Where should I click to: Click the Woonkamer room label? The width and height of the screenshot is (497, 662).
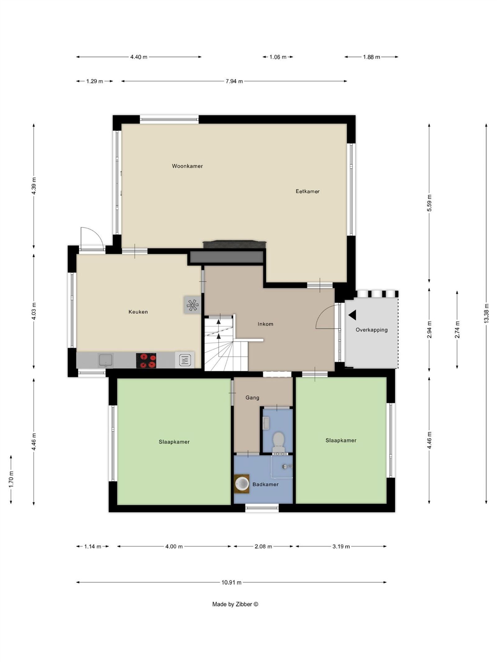187,166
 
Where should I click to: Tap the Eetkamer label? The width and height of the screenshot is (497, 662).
308,191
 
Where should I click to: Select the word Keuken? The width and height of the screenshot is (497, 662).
138,312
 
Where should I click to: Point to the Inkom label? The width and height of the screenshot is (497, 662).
266,324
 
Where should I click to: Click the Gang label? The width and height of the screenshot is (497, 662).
252,398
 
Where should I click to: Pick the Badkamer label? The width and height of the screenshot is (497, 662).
266,484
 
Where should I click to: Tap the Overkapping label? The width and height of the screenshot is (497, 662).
372,330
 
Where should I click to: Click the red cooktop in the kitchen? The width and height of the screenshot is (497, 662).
146,361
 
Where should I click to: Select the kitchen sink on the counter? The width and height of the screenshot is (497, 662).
106,360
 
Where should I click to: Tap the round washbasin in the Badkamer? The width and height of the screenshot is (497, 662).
242,483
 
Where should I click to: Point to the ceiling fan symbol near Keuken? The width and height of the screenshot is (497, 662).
192,305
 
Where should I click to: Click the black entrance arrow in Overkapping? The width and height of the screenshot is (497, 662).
353,315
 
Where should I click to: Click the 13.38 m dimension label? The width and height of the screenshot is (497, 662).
486,313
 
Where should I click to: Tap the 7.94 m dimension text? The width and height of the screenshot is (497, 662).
234,81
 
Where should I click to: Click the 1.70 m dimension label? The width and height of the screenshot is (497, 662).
11,479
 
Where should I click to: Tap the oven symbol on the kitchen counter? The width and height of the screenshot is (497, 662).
185,360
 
